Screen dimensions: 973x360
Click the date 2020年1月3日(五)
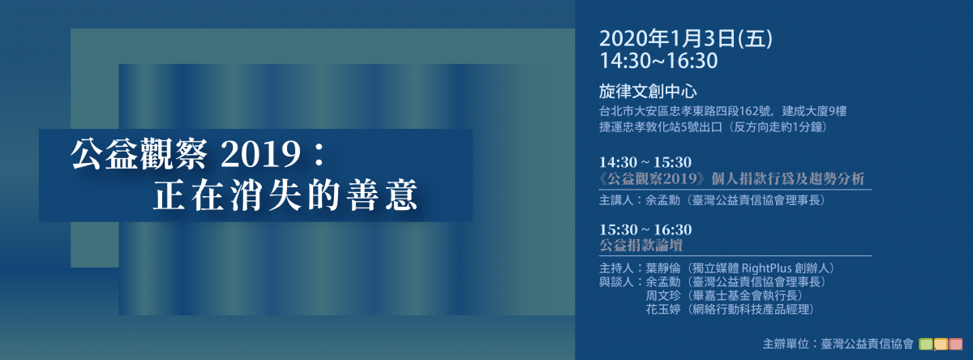pos(686,39)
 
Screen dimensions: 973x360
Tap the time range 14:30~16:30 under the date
pos(658,61)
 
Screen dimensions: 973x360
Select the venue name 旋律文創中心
pos(648,91)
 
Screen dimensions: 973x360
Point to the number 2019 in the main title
pos(260,154)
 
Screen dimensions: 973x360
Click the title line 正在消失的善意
pos(285,195)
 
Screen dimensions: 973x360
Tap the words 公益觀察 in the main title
pos(138,154)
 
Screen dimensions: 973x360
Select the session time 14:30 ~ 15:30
pos(645,162)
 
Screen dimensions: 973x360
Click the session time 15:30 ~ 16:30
pos(645,229)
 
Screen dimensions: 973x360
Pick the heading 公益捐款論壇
pos(641,246)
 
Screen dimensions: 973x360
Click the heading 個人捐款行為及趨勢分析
pos(787,178)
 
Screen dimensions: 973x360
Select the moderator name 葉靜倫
pos(662,268)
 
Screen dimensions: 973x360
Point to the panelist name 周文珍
pos(662,296)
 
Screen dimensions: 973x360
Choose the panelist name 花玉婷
pos(662,310)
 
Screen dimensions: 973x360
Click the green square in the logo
pos(926,345)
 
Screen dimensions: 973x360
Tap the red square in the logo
pos(956,345)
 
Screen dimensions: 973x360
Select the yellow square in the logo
pos(941,345)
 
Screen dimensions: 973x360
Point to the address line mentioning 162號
pos(722,111)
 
